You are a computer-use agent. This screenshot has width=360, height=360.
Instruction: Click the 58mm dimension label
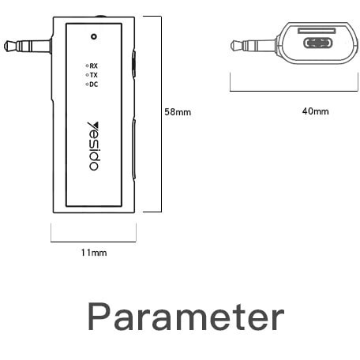[x=178, y=112]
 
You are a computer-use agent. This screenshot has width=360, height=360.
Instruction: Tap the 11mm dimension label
[x=94, y=253]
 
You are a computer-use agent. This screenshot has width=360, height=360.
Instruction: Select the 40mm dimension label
[x=315, y=111]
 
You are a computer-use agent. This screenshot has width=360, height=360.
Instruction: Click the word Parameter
[x=186, y=317]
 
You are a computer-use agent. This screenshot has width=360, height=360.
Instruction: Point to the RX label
[x=94, y=66]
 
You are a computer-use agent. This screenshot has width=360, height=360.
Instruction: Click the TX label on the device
[x=94, y=75]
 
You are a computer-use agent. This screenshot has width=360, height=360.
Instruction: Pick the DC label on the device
[x=94, y=84]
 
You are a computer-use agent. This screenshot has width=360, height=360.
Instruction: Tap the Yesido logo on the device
[x=93, y=146]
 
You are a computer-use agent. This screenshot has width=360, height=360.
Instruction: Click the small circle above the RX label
[x=94, y=36]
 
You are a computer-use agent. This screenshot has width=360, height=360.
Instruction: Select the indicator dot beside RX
[x=87, y=66]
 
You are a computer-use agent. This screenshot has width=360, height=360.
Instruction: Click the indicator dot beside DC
[x=87, y=84]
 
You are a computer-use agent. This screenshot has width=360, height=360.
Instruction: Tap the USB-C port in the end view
[x=318, y=43]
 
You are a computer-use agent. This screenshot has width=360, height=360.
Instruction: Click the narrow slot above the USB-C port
[x=317, y=31]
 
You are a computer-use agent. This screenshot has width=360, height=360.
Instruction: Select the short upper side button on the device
[x=134, y=64]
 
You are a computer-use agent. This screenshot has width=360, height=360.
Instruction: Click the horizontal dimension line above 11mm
[x=93, y=242]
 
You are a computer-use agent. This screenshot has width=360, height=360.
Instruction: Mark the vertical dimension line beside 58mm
[x=161, y=114]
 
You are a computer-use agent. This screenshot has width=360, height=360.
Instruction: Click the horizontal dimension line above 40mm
[x=294, y=91]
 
